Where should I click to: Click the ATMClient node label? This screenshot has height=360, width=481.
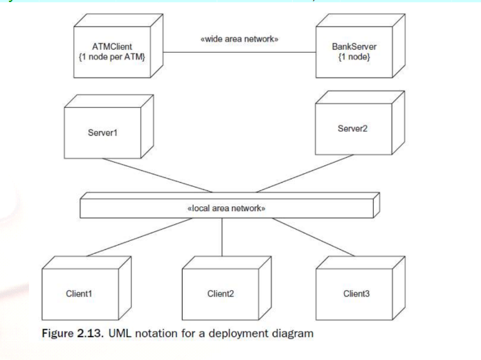point(112,46)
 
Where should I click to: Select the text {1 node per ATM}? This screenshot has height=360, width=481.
point(112,57)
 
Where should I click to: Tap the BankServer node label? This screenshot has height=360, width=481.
point(354,46)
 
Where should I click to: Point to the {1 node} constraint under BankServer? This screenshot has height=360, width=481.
point(354,57)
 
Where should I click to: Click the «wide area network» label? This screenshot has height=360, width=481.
point(239,39)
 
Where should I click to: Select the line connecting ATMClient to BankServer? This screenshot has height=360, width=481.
point(239,52)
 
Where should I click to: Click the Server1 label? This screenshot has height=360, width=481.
point(102,133)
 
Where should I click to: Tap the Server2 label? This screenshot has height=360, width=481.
point(352,128)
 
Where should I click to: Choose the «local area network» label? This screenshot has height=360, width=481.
point(226,208)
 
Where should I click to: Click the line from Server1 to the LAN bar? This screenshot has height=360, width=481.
point(157,175)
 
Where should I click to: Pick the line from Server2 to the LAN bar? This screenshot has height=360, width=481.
point(305,173)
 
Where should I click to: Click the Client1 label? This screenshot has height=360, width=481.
point(79,294)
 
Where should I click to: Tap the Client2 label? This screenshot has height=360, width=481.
point(221,294)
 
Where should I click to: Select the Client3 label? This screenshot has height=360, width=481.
point(356,294)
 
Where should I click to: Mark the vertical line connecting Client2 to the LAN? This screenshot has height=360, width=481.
point(222,237)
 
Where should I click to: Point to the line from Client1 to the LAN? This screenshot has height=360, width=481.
point(140,237)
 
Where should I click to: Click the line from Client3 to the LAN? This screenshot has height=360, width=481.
point(314,237)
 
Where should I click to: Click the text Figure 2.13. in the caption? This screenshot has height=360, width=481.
point(73,334)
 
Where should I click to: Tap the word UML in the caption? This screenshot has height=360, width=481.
point(120,334)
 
